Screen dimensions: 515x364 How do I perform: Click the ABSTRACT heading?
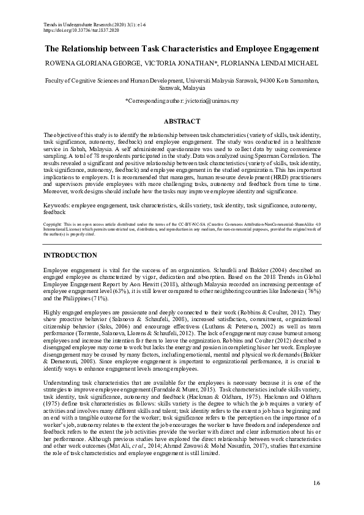(182, 121)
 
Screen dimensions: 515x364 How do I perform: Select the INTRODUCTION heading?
(70, 272)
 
